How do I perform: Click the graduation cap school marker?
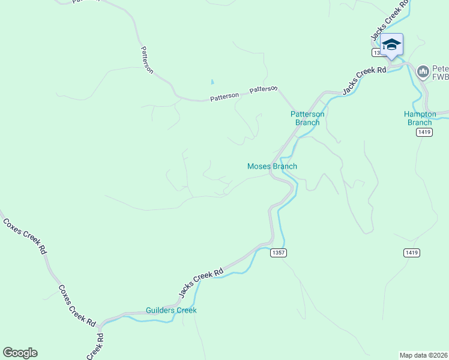[391, 45]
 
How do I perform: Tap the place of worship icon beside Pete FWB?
[423, 72]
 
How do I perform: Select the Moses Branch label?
[272, 166]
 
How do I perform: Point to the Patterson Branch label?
[307, 118]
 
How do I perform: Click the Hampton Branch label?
[418, 118]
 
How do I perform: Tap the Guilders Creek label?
[171, 310]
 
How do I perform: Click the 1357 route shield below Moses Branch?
[278, 253]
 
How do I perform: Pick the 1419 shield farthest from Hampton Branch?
[411, 253]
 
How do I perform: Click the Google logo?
[20, 353]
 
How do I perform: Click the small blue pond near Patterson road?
[211, 82]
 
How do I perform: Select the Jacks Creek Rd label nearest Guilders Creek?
[201, 281]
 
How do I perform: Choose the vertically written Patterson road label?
[146, 60]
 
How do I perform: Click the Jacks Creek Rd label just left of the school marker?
[364, 80]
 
